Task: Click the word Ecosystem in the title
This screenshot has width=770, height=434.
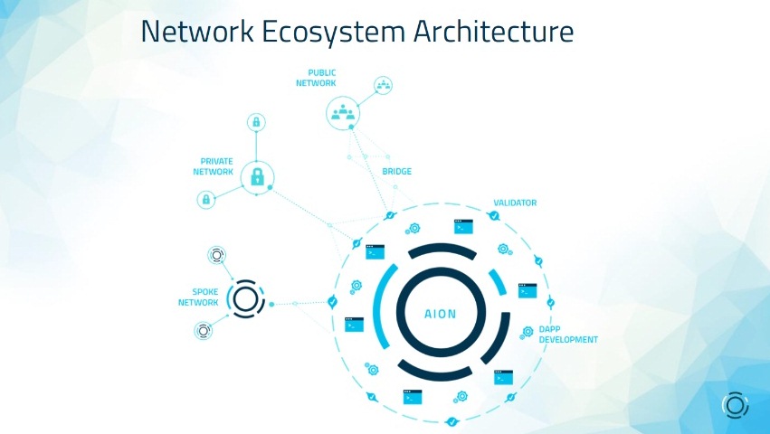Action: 333,32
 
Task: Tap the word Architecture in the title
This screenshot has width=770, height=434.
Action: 493,31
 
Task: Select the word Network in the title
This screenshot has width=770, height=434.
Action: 197,31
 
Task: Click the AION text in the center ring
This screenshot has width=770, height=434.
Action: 441,314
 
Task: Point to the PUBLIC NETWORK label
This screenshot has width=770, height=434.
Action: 317,78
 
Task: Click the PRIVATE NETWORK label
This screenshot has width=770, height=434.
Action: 214,166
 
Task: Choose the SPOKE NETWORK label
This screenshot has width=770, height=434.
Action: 198,297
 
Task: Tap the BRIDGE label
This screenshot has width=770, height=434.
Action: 397,172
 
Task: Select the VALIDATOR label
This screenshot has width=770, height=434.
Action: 515,203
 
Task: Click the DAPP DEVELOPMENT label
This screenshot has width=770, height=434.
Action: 568,335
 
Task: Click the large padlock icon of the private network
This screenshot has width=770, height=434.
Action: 257,177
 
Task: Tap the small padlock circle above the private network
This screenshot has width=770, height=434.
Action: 256,122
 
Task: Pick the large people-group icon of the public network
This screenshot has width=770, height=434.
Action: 343,113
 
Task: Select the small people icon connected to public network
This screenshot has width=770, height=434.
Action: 383,85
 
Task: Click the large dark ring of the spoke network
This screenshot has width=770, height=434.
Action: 245,299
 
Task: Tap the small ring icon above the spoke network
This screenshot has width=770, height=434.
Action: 216,255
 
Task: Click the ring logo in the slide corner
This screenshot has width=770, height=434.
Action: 735,406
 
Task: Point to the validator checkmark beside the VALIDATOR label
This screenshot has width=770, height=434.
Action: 494,215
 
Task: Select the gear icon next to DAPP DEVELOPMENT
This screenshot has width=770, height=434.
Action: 527,333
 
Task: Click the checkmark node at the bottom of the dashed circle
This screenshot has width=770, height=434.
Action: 452,421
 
